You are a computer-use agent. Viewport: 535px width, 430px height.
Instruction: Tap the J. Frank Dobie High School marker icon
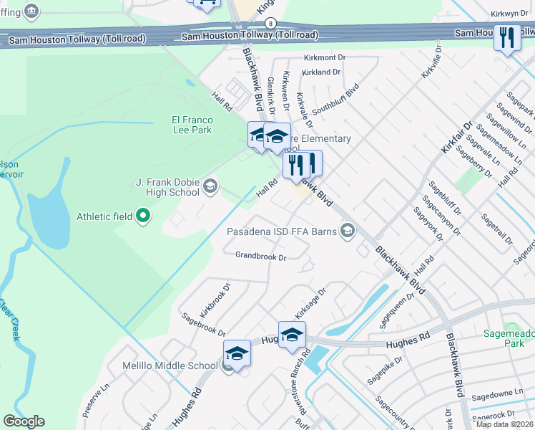tap(210, 187)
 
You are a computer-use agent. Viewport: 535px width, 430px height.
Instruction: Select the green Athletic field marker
tap(143, 215)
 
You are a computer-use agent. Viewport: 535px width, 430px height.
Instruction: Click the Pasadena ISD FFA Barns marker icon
tap(348, 230)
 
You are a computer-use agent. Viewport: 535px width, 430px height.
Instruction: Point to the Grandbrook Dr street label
tap(261, 256)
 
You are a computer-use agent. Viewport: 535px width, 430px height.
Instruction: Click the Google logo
tap(24, 421)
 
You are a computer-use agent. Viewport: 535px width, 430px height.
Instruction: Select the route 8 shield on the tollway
tap(270, 23)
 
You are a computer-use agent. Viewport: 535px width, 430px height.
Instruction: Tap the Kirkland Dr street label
tap(321, 72)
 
